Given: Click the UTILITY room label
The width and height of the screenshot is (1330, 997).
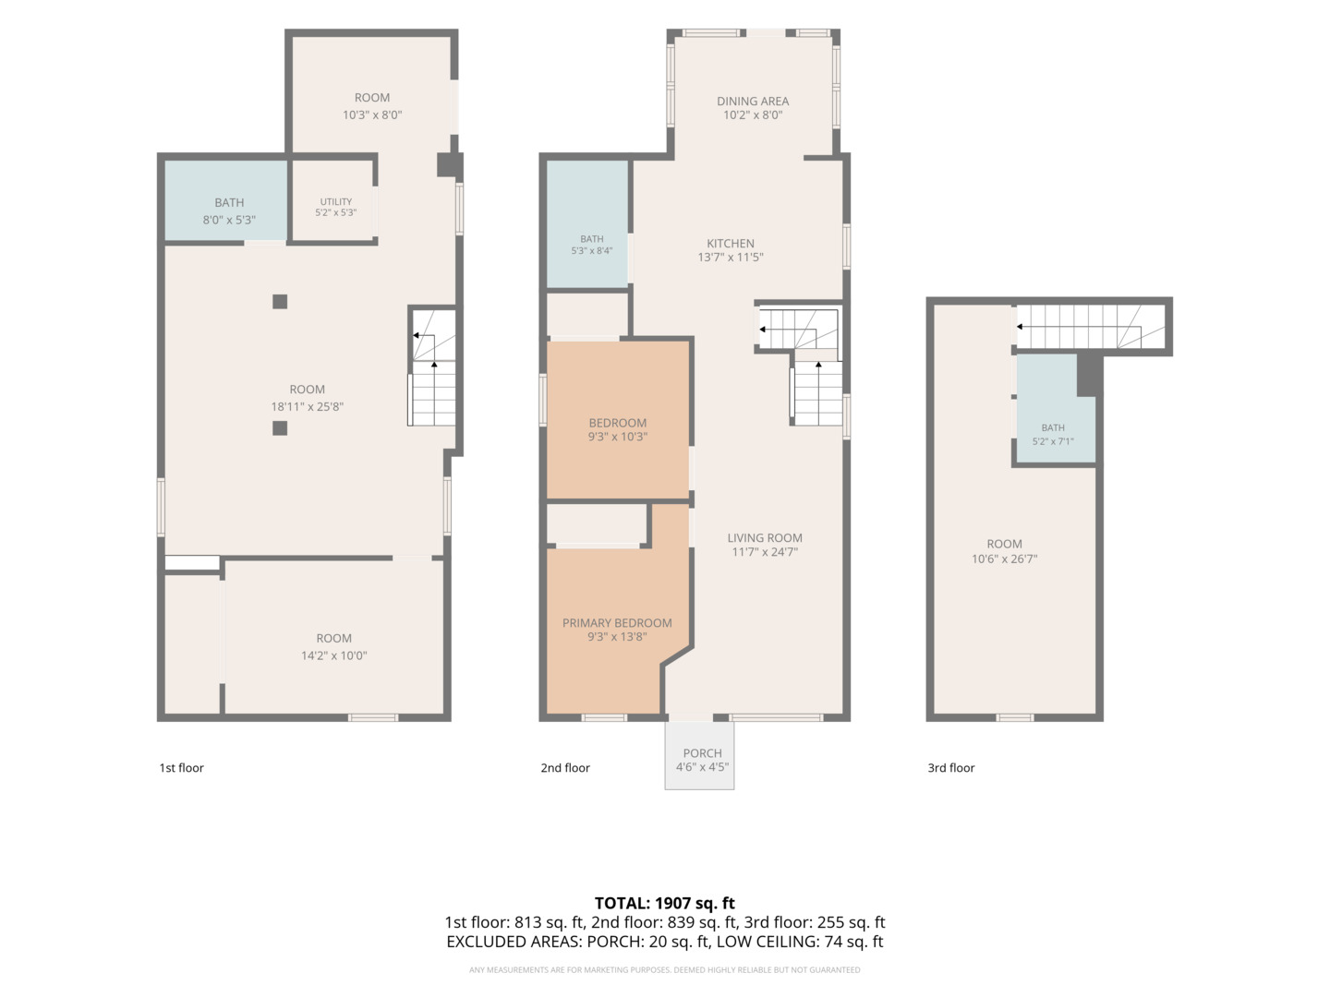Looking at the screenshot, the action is click(335, 201).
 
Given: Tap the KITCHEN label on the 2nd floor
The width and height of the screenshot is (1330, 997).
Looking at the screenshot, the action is click(731, 244).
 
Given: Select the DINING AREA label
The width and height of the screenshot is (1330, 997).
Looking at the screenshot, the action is click(753, 102).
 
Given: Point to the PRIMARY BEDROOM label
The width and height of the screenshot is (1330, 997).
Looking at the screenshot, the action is click(617, 623).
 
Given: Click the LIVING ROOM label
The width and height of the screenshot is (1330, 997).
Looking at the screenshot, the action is click(765, 537).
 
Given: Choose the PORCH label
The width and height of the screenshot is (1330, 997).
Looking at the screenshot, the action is click(702, 753).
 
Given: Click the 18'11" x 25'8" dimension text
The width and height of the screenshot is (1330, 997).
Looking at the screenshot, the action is click(308, 407).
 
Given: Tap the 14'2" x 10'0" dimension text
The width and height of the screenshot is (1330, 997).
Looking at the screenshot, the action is click(333, 655).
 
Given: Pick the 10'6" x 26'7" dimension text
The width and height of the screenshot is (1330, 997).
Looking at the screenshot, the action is click(1004, 559).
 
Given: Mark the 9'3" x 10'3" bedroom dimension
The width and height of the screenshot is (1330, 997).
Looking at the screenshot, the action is click(618, 437).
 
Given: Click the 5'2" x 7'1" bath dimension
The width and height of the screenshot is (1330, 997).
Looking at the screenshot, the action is click(1053, 441).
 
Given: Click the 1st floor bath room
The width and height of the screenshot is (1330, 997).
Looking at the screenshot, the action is click(226, 201).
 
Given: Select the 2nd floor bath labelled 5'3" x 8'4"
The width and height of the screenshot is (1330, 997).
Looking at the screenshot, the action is click(587, 224).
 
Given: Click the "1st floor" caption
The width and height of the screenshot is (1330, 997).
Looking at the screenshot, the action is click(181, 767).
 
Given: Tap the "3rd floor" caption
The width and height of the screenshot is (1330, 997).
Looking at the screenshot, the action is click(950, 767).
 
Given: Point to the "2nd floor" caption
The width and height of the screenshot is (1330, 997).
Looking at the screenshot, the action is click(564, 767).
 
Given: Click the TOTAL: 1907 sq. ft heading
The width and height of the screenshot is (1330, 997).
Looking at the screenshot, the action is click(664, 903).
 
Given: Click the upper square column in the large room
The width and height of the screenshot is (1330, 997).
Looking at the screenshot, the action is click(280, 302).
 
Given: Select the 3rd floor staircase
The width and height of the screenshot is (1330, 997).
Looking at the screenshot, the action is click(1091, 327).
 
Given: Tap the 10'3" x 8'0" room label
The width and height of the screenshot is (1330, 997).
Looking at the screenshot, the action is click(372, 115).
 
